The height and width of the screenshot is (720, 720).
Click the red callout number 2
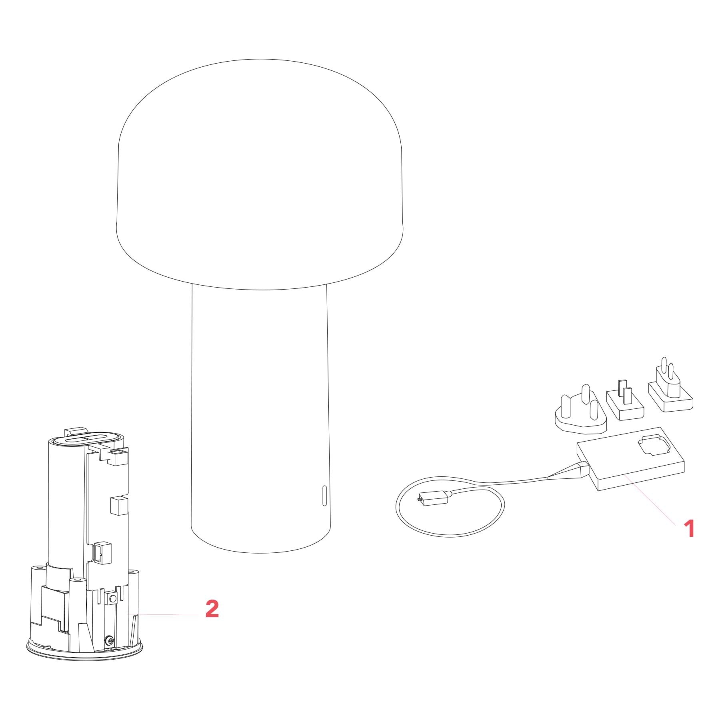click(x=212, y=609)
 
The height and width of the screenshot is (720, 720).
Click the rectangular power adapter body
click(x=630, y=459)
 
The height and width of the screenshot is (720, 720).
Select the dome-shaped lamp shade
click(x=260, y=174)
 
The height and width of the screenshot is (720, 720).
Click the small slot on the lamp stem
click(x=324, y=496)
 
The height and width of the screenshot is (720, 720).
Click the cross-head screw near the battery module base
click(x=109, y=642)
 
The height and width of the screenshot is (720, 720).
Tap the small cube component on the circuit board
click(x=118, y=506)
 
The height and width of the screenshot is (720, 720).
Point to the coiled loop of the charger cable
click(x=450, y=508)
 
